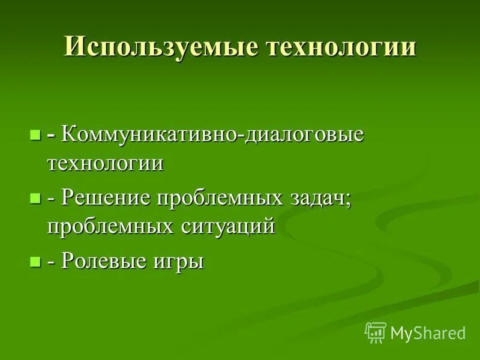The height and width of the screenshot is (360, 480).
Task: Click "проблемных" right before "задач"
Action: (212, 198)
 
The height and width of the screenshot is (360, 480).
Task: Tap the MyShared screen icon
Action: (376, 331)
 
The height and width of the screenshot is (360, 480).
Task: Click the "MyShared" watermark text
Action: (428, 332)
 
